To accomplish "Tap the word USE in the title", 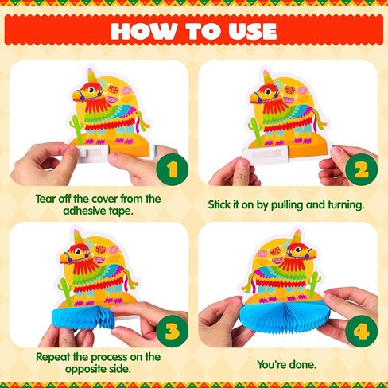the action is [253, 31].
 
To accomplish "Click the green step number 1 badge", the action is [173, 169].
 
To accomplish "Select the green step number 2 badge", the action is [362, 169].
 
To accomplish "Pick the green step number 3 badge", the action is [173, 331].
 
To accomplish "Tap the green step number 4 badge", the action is [362, 331].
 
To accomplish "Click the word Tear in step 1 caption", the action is [45, 199].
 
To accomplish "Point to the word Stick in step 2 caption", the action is [219, 204].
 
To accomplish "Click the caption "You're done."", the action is [287, 365].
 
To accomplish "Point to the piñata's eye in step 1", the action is [91, 90].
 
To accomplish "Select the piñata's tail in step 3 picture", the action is [130, 281].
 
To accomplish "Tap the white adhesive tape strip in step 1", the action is [90, 153].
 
